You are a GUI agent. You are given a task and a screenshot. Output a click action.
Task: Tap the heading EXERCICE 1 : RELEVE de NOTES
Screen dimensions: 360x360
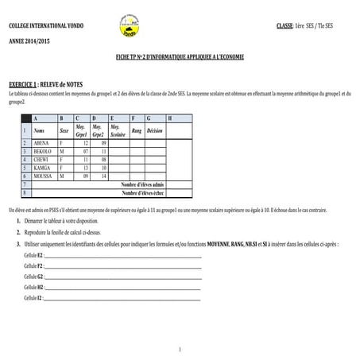tap(51, 83)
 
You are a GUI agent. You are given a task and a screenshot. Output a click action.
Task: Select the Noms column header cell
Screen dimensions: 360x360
tap(41, 130)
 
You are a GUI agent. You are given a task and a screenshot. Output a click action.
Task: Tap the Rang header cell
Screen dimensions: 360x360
tap(137, 130)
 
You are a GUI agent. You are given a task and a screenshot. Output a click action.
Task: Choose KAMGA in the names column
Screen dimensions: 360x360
tap(43, 168)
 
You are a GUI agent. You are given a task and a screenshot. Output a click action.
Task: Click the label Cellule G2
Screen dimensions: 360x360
tap(33, 275)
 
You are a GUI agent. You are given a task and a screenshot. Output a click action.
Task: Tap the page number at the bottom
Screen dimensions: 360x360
tap(180, 350)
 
